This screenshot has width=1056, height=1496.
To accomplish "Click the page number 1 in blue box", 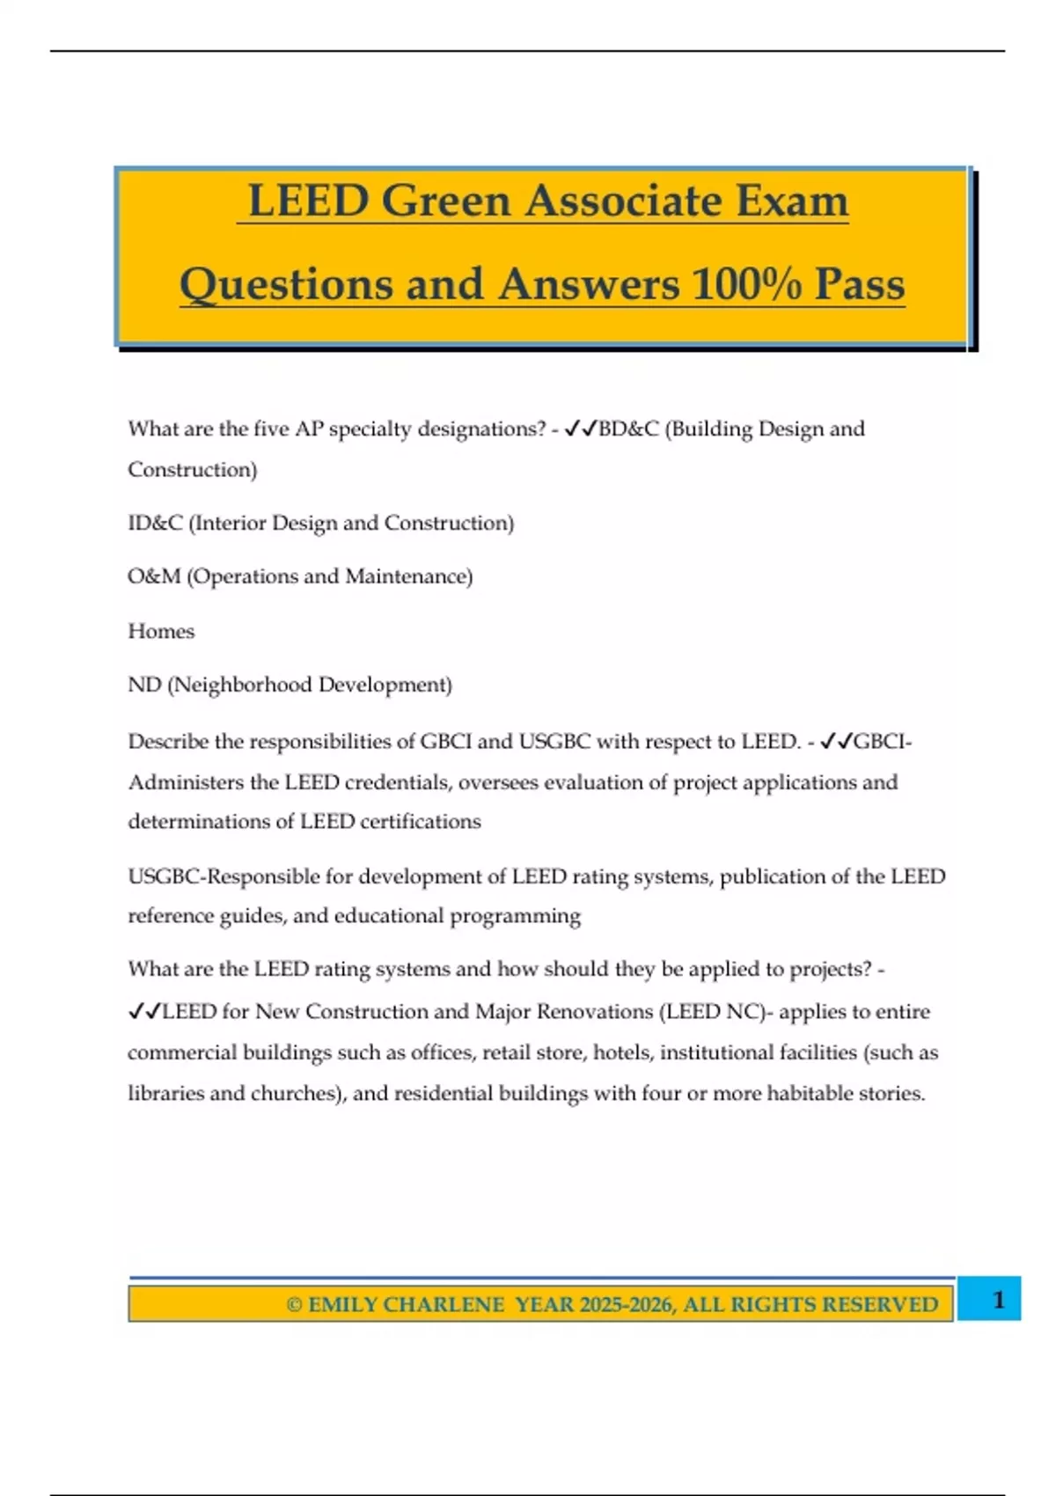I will (998, 1299).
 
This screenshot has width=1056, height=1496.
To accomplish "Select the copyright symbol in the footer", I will (294, 1304).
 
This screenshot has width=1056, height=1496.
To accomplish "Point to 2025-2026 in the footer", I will (626, 1304).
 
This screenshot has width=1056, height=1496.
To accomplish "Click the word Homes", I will (161, 631).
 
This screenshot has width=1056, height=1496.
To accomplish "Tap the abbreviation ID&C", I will (155, 523).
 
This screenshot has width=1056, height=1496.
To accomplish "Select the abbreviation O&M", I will (154, 576).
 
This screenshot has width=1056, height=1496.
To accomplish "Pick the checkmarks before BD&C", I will (580, 429).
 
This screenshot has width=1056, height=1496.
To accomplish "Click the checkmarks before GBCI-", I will (836, 742).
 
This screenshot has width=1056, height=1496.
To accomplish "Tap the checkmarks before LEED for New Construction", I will (144, 1012).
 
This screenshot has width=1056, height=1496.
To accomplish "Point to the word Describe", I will (168, 742).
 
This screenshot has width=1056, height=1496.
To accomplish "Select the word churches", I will (295, 1093).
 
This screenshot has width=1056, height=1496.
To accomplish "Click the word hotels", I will (622, 1052).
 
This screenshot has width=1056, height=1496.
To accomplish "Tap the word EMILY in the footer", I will (342, 1304).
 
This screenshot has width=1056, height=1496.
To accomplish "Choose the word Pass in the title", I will (859, 284).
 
